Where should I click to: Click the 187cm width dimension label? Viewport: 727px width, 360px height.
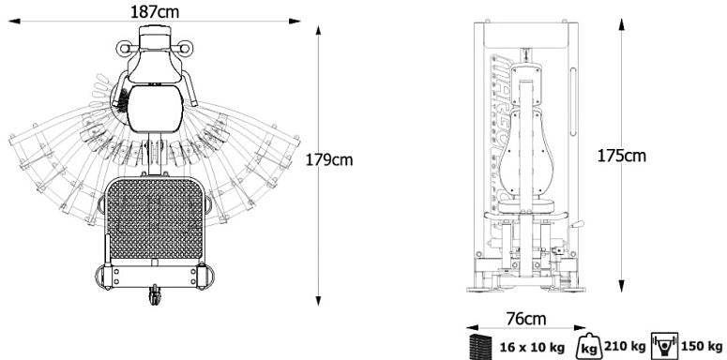(x=155, y=11)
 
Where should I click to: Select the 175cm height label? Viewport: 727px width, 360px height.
(x=623, y=155)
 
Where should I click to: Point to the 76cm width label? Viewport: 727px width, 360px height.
(x=525, y=319)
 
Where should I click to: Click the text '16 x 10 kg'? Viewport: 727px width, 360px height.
(x=532, y=348)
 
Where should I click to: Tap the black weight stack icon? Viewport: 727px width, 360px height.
(x=479, y=346)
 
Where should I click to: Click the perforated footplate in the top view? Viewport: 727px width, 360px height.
(x=155, y=220)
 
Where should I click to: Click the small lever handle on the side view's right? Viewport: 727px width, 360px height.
(x=579, y=225)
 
